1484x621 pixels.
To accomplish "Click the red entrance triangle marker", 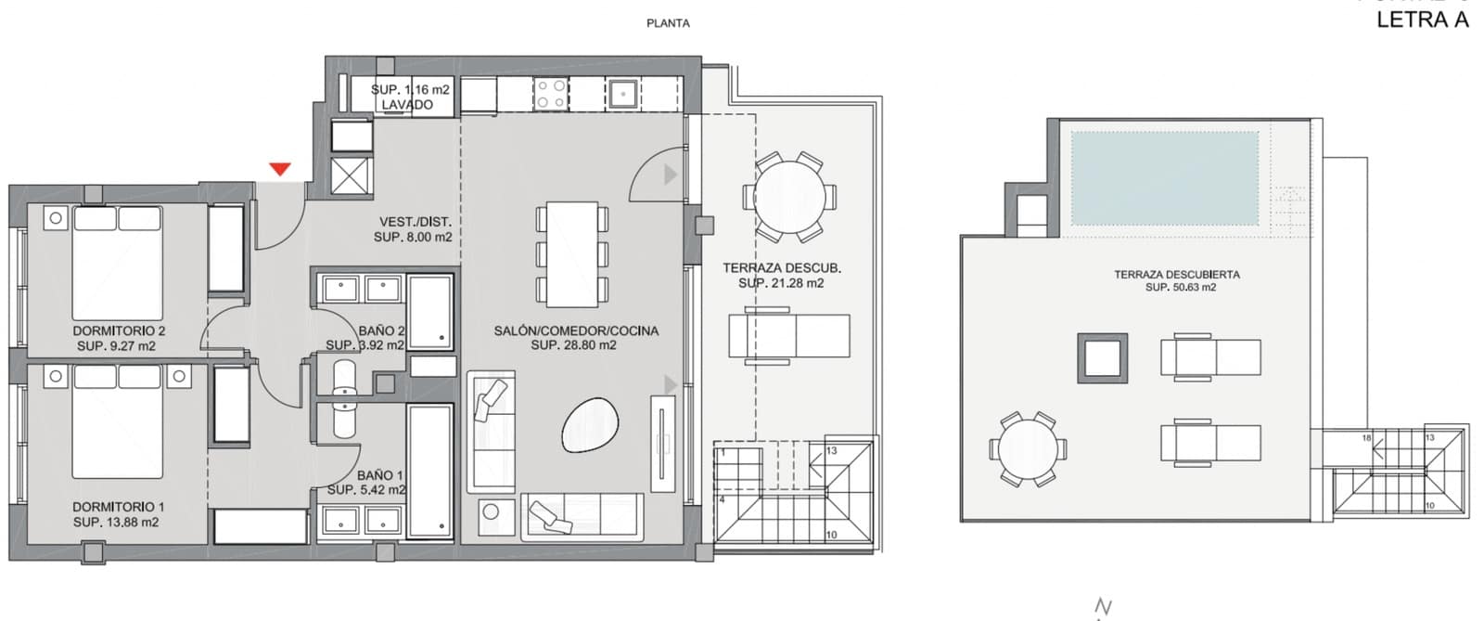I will tap(280, 169).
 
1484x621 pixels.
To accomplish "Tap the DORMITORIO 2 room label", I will tap(119, 330).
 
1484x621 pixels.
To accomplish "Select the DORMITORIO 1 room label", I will tap(119, 507).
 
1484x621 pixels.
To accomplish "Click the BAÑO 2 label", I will tap(381, 330).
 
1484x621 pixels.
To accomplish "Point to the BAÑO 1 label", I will tap(379, 474).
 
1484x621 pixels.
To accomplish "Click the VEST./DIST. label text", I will tap(415, 222).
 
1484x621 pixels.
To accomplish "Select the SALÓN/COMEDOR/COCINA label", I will tap(576, 330).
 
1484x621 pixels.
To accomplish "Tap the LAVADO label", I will tap(407, 105).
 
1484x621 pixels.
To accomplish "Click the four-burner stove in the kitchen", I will tap(550, 93).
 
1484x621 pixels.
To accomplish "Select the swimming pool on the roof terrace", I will tap(1164, 178).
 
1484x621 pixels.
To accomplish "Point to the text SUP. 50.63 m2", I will tap(1180, 288).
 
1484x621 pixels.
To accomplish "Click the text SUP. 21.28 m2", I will tap(780, 283).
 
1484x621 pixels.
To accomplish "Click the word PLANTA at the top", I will tap(668, 23).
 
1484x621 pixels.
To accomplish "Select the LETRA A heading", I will tap(1422, 20).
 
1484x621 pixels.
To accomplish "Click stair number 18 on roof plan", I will tap(1366, 437).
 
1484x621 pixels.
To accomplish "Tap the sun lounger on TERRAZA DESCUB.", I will tap(789, 336).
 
